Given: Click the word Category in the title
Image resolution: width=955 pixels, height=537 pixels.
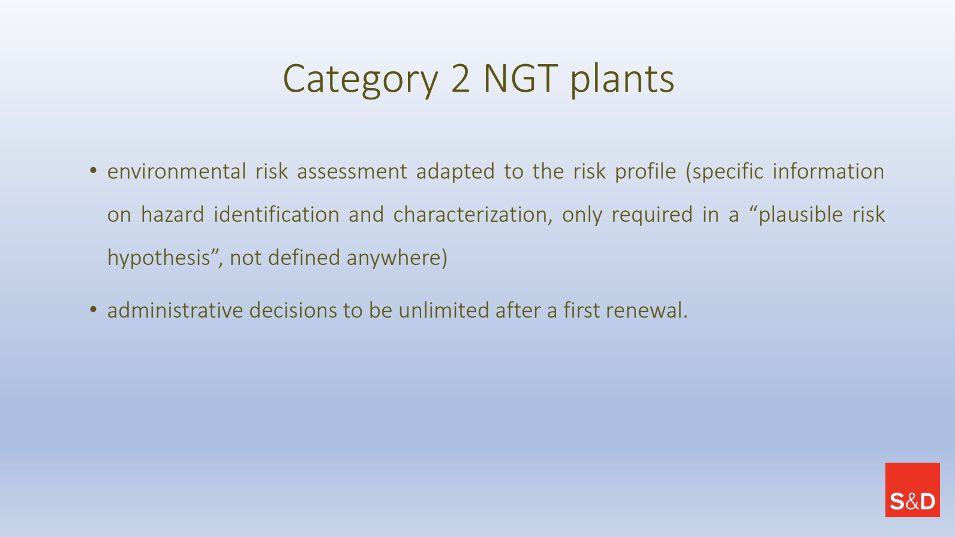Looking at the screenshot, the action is click(x=361, y=80).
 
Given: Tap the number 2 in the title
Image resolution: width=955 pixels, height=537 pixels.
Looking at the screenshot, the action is click(x=461, y=79).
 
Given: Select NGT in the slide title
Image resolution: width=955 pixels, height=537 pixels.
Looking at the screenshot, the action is click(x=521, y=79).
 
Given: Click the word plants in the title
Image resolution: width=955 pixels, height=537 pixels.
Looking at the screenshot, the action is click(x=623, y=80).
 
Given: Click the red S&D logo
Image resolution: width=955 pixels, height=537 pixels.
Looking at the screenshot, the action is click(x=912, y=490).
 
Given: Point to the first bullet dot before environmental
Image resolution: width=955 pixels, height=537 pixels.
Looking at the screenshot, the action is click(x=94, y=171).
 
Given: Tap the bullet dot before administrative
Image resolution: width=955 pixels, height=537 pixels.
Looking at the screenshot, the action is click(x=94, y=310).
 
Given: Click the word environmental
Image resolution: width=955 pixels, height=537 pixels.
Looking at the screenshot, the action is click(x=176, y=171).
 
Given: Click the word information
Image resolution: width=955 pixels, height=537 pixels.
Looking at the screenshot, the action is click(x=828, y=171).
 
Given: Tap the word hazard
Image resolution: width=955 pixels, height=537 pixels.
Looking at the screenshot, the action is click(x=173, y=214).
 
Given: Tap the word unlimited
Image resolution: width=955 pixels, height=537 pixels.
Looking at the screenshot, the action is click(x=444, y=310).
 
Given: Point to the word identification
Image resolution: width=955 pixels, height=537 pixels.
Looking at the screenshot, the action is click(x=277, y=214).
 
